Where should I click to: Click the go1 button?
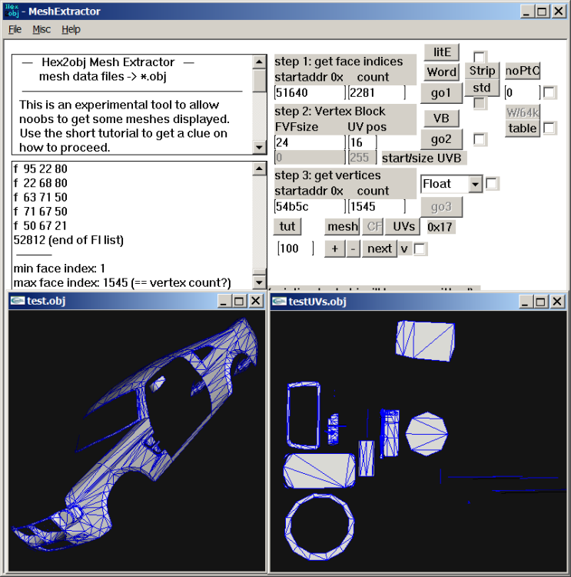(441, 92)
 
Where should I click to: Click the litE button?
(441, 52)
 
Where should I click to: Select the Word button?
(441, 72)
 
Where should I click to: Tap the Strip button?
(482, 71)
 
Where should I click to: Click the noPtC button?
(523, 71)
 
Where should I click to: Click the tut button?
(287, 226)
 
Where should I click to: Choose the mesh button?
(342, 226)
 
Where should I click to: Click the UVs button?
(403, 226)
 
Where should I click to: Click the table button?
(523, 128)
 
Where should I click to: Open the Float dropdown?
(475, 184)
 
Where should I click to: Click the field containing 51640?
(310, 92)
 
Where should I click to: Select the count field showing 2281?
(376, 92)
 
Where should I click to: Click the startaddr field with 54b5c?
(310, 206)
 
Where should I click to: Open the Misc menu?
(41, 29)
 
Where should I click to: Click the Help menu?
(71, 29)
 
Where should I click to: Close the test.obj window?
(255, 301)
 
